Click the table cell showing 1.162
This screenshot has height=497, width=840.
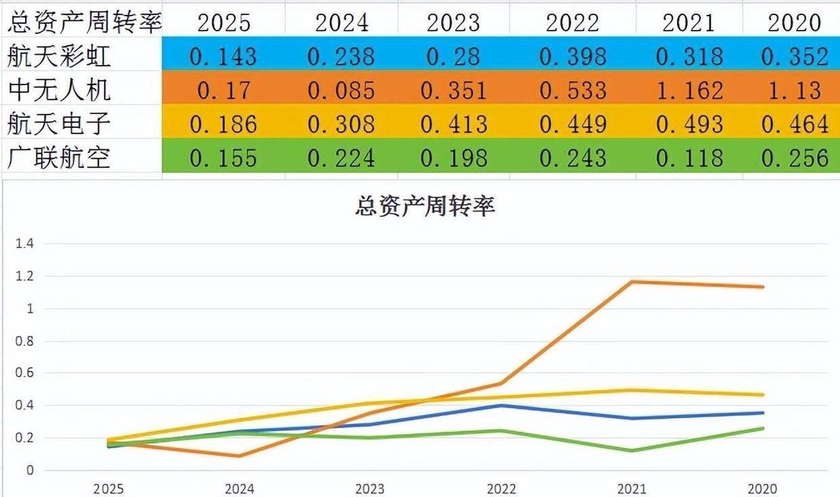[689, 89]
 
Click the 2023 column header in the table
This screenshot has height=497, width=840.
[453, 22]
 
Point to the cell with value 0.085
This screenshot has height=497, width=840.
[341, 89]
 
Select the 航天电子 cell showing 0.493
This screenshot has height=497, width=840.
[689, 124]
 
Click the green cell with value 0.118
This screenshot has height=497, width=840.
[689, 158]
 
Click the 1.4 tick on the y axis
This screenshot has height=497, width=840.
[25, 244]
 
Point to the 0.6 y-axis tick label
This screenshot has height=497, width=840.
[25, 373]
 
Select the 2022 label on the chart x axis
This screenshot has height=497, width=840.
[500, 489]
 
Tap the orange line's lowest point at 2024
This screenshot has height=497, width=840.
[239, 456]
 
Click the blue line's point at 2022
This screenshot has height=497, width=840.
[500, 406]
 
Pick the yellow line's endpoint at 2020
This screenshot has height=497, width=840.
[763, 395]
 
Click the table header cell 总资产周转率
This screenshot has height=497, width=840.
[84, 22]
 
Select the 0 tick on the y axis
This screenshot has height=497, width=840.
[29, 470]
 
